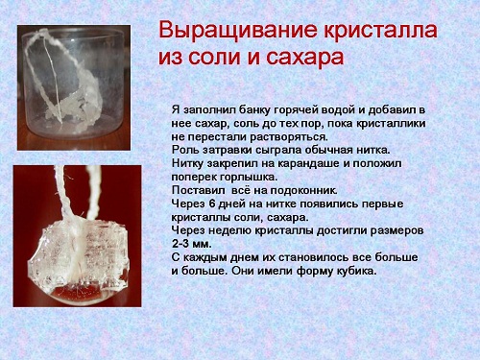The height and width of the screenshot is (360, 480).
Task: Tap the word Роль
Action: tap(186, 152)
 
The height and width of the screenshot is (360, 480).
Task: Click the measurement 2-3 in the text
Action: tap(185, 244)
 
